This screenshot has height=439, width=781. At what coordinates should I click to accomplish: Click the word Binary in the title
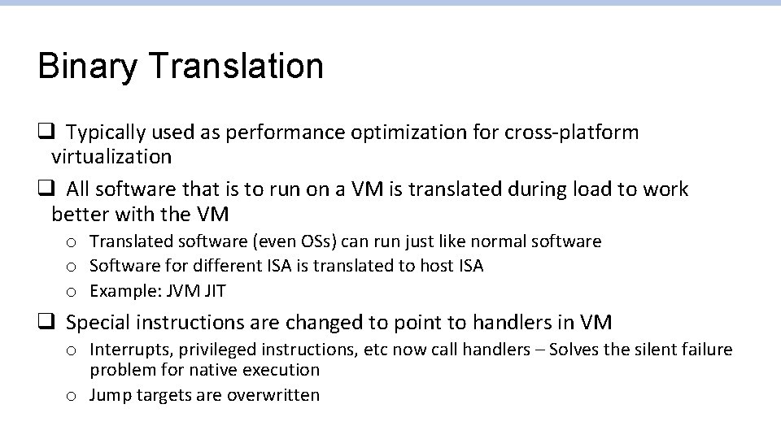coord(88,67)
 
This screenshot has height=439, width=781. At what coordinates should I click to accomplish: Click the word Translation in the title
coord(235,65)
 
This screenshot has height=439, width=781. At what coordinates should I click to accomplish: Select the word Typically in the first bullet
coord(106,133)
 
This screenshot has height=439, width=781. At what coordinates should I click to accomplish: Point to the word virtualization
coord(111,156)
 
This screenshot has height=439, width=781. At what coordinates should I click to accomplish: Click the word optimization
coord(415,133)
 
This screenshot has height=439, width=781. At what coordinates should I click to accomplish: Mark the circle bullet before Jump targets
coord(72,396)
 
